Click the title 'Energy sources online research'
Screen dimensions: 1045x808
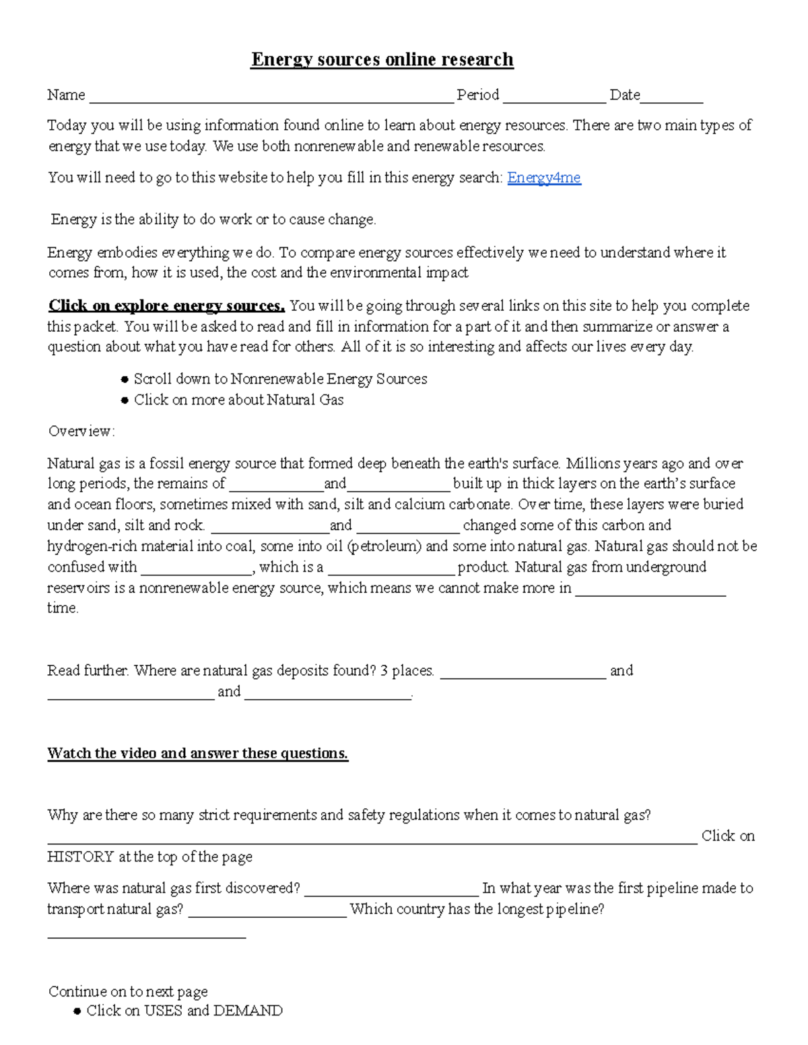tap(382, 60)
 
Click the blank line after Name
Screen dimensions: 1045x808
tap(271, 100)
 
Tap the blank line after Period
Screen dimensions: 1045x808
tap(554, 100)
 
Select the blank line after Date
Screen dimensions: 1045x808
tap(671, 100)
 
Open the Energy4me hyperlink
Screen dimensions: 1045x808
tap(543, 178)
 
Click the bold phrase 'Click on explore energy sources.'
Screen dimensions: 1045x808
tap(166, 306)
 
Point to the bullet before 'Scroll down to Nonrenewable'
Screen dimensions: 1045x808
tap(124, 380)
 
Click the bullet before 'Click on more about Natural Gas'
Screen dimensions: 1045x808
tap(124, 400)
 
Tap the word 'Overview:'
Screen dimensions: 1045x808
tap(81, 431)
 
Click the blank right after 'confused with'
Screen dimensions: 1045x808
tap(196, 572)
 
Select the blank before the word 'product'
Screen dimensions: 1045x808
tap(391, 572)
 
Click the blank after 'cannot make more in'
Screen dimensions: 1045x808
tap(650, 593)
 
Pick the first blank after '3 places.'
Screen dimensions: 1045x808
tap(523, 676)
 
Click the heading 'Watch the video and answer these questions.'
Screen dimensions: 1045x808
tap(197, 753)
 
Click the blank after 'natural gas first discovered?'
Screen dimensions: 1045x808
tap(391, 893)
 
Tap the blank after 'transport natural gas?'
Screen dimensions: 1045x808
tap(267, 914)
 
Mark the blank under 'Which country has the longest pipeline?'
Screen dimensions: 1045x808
tap(146, 935)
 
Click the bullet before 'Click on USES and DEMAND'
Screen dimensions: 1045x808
tap(77, 1011)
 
